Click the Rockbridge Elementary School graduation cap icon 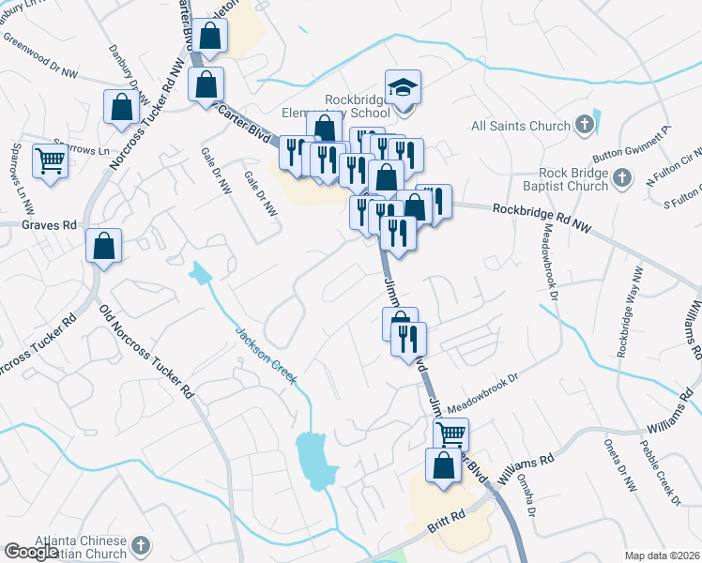[404, 87]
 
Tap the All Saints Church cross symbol [584, 125]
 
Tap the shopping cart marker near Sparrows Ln [50, 160]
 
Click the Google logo [31, 551]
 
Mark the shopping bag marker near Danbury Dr [122, 107]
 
